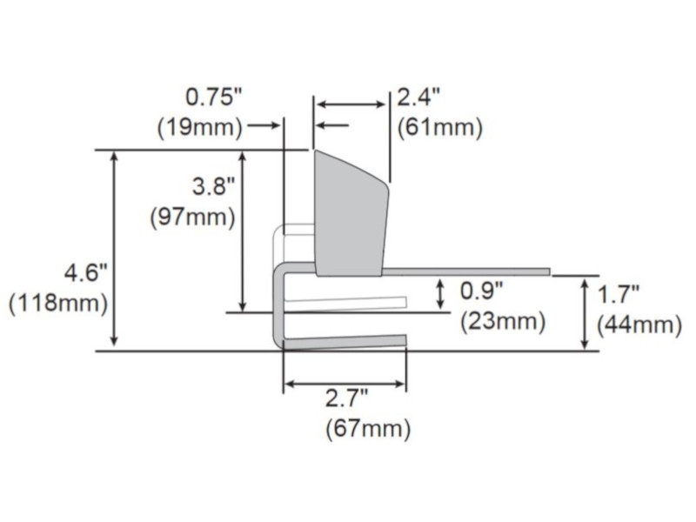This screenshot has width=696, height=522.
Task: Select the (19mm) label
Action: (x=199, y=127)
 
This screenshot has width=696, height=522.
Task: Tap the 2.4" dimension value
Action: (x=419, y=97)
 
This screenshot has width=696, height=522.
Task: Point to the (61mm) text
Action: (x=439, y=127)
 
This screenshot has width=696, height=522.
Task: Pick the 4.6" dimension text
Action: (x=84, y=273)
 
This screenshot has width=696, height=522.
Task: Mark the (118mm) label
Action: (x=58, y=304)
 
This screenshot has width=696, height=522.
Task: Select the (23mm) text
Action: (x=502, y=321)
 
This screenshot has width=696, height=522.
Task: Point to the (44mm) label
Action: (x=639, y=325)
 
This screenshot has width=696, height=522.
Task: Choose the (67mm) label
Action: (x=368, y=429)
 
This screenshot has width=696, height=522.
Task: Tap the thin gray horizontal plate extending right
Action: (x=465, y=271)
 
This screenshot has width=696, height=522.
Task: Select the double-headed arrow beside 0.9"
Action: (x=441, y=294)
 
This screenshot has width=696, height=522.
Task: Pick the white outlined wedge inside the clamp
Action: (x=348, y=304)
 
